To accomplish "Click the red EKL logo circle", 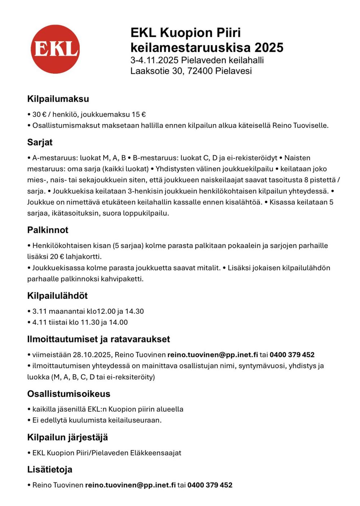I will pyautogui.click(x=55, y=49).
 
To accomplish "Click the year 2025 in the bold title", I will pyautogui.click(x=269, y=48).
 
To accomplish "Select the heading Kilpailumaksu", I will pyautogui.click(x=58, y=99).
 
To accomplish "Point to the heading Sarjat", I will pyautogui.click(x=40, y=142).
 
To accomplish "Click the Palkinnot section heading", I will pyautogui.click(x=48, y=230).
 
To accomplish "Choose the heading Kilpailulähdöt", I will pyautogui.click(x=57, y=296).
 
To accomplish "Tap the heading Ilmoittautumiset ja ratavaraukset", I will pyautogui.click(x=98, y=339).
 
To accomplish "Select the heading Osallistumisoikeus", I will pyautogui.click(x=68, y=394).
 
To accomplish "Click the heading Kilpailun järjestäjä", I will pyautogui.click(x=67, y=437).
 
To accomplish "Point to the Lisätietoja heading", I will pyautogui.click(x=50, y=469).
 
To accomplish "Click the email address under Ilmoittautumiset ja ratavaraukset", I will pyautogui.click(x=212, y=355).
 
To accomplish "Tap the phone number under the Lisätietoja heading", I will pyautogui.click(x=210, y=485).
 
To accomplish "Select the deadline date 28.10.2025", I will pyautogui.click(x=92, y=355).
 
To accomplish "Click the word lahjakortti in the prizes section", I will pyautogui.click(x=83, y=257).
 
